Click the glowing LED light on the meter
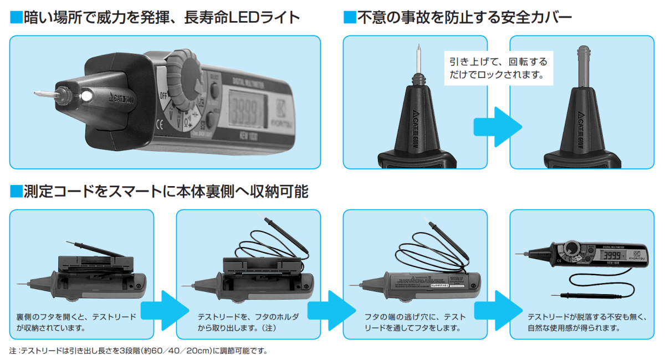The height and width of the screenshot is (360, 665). point(86,96)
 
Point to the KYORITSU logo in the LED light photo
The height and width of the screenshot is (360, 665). point(279,116)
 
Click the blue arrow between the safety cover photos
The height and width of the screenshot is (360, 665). point(498,126)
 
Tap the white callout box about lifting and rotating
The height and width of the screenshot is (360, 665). point(499,68)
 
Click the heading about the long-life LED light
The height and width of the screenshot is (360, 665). point(155,18)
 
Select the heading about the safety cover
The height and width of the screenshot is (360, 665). point(457,18)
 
